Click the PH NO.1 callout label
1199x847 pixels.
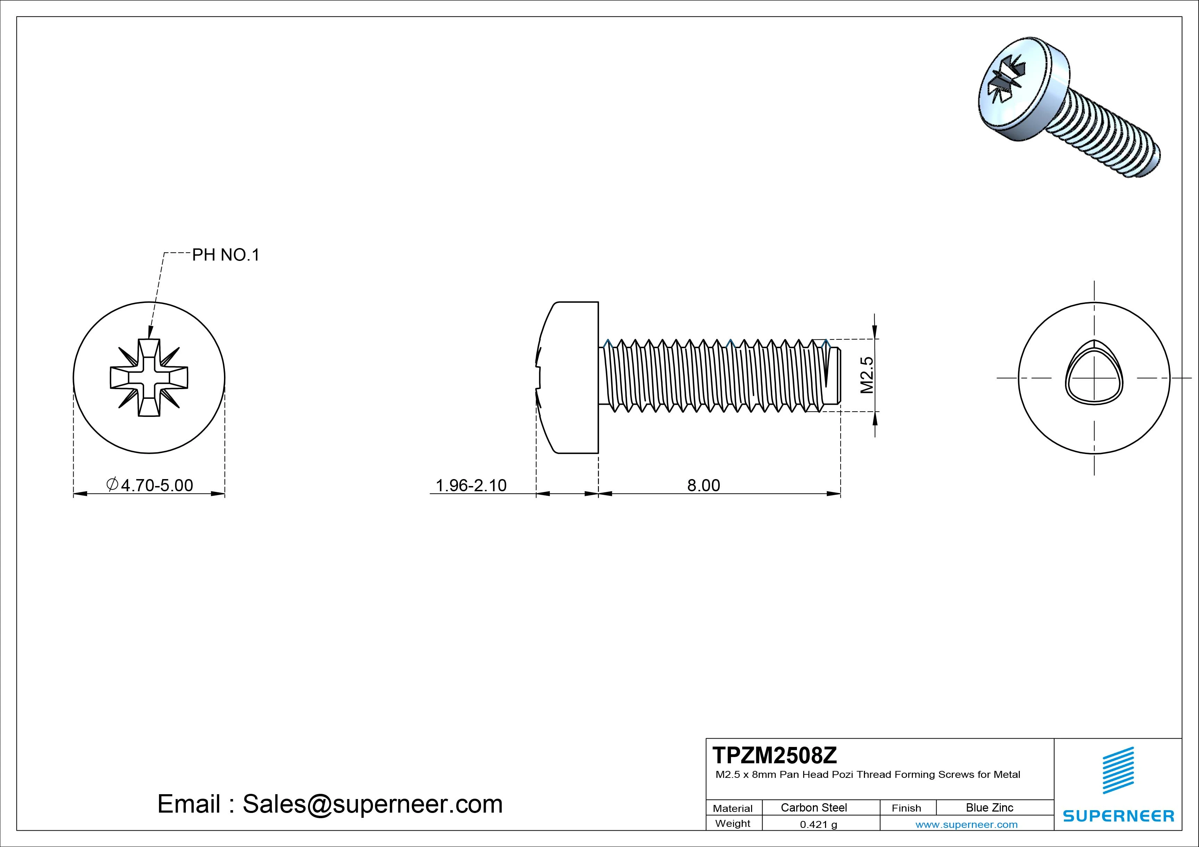(226, 255)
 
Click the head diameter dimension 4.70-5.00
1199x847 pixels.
(150, 485)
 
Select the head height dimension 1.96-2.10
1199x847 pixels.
(471, 485)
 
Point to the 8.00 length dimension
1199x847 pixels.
(703, 485)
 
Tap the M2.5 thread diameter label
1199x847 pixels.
(866, 375)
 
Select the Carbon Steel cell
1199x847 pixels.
(814, 807)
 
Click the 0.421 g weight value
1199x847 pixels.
(818, 824)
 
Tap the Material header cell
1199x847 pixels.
(733, 808)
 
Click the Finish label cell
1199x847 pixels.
(906, 808)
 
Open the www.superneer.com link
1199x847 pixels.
(967, 824)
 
